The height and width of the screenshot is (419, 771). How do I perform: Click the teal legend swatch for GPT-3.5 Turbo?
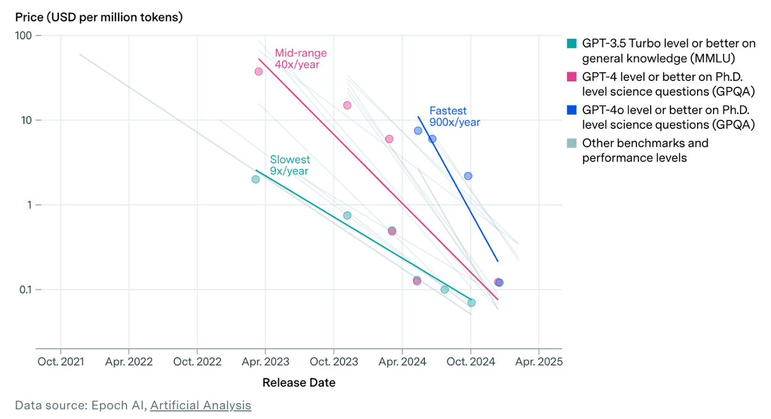click(572, 43)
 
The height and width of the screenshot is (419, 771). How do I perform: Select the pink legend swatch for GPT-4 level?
click(572, 77)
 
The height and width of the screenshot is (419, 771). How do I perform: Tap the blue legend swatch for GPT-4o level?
click(572, 110)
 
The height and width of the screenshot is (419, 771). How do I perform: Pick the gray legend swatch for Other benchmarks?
click(572, 143)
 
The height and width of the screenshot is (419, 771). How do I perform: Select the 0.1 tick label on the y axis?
click(23, 290)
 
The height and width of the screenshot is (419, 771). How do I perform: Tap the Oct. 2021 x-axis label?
click(60, 362)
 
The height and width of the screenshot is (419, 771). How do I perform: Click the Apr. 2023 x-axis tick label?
click(265, 362)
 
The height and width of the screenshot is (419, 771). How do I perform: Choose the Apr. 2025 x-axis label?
click(538, 362)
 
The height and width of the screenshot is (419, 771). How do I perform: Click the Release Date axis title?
click(299, 383)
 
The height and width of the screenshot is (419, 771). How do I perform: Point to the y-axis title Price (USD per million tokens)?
click(99, 17)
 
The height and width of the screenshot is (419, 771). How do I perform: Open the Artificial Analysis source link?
click(200, 405)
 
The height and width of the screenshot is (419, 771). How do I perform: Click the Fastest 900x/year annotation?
click(455, 116)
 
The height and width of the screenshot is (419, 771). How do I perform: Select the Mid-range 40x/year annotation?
click(300, 59)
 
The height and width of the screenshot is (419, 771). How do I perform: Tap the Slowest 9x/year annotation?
click(289, 165)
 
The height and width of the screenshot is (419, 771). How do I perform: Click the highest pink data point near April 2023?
click(258, 72)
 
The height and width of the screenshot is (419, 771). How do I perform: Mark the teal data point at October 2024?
click(471, 302)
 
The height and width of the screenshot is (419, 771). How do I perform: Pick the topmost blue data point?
click(418, 130)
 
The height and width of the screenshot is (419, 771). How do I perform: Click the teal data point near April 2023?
click(255, 179)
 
